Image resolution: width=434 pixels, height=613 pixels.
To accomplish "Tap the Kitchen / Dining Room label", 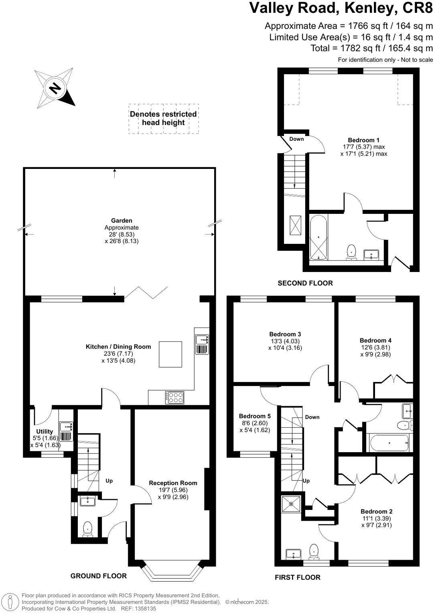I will coord(118,347).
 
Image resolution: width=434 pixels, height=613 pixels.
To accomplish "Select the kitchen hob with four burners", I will coord(174,397).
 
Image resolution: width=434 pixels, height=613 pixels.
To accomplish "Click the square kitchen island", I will coord(170,354).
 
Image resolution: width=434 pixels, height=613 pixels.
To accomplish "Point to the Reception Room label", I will coord(173,483).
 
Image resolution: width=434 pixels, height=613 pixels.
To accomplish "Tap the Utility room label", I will coord(45,432).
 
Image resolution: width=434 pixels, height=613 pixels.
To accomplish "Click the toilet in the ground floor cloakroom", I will coord(87,529).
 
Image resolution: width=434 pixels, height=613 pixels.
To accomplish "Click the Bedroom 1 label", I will coord(363,140).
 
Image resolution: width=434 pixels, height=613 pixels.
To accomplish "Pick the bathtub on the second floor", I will coord(319,237).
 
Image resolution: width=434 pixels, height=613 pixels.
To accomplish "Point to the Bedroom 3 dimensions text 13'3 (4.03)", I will coord(285,341).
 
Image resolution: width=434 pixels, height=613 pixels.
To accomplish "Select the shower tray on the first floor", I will coord(291,503).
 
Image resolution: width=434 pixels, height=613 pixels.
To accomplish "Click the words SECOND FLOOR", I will coord(305,283).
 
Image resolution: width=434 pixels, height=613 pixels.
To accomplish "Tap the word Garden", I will coord(122,220).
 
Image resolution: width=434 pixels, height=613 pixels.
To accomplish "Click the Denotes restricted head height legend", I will coord(163,118).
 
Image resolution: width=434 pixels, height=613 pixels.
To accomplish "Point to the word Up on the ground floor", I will coord(109,480).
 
